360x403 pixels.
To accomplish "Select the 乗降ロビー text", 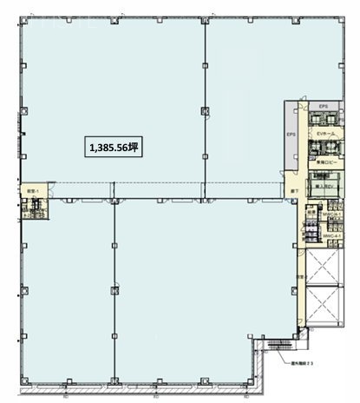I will [x=326, y=162].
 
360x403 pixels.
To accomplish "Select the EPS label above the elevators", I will [x=323, y=106].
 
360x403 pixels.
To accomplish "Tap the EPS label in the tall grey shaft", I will [x=292, y=135].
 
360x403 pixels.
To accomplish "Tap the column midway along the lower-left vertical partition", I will [x=115, y=287].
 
